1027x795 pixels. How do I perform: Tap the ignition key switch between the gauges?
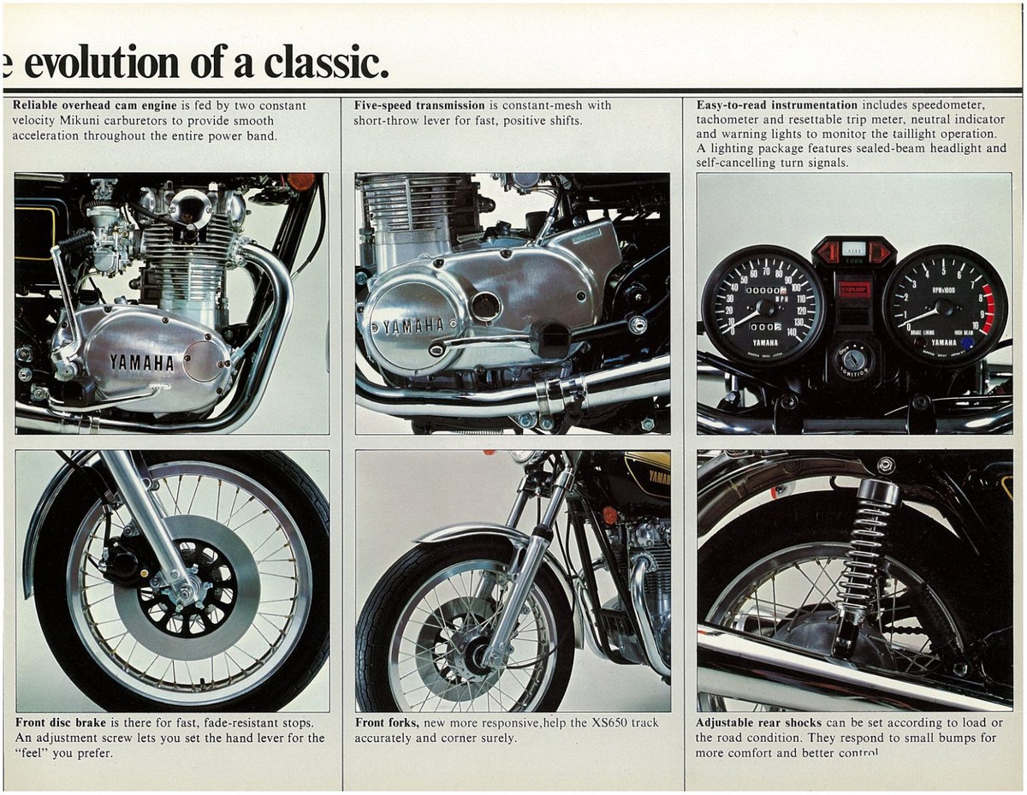click(x=853, y=359)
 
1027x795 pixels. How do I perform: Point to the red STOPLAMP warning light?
click(x=853, y=288)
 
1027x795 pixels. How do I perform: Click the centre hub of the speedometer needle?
click(x=764, y=306)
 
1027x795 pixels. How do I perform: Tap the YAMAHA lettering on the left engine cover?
click(x=141, y=362)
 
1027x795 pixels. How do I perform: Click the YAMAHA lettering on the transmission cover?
click(x=413, y=325)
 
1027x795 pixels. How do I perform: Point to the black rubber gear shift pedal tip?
click(x=549, y=339)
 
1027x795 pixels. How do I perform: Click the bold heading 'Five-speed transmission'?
click(x=419, y=105)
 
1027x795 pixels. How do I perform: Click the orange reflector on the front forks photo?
click(x=609, y=515)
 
